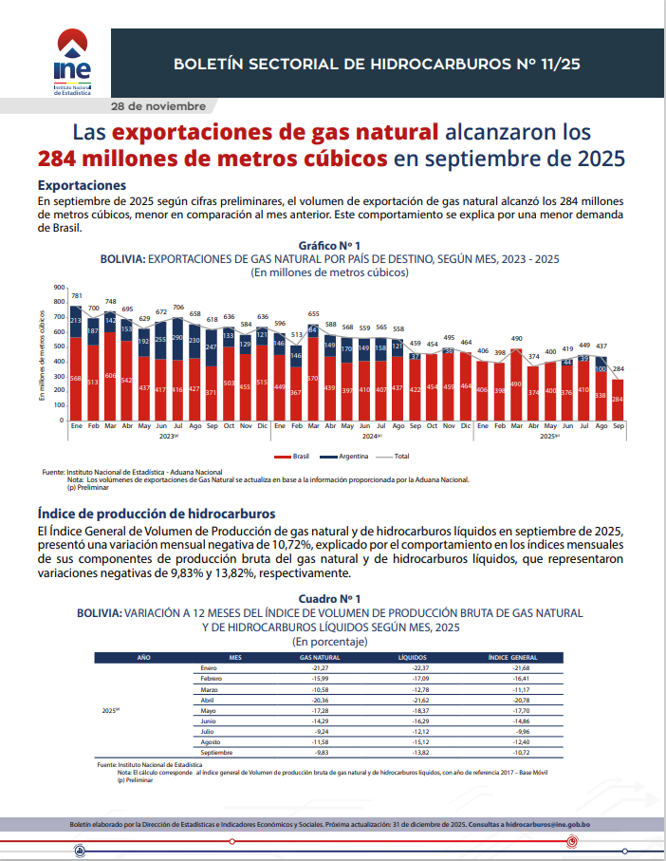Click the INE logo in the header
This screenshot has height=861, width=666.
click(x=73, y=63)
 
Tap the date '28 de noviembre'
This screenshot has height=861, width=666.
click(x=157, y=104)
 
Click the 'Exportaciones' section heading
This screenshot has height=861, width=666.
click(x=82, y=185)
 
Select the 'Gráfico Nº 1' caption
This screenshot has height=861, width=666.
click(x=329, y=246)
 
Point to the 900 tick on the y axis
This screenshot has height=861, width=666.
click(x=58, y=288)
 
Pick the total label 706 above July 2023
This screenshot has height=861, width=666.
click(x=178, y=308)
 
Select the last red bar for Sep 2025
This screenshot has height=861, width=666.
click(x=618, y=399)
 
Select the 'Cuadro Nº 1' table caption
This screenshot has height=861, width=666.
click(x=329, y=599)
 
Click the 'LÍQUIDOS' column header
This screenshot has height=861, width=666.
click(x=413, y=657)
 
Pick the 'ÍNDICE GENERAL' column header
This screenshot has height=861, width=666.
click(x=513, y=657)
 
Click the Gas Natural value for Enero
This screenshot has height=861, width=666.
click(x=320, y=668)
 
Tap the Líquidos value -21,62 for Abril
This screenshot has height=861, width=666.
click(x=413, y=700)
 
